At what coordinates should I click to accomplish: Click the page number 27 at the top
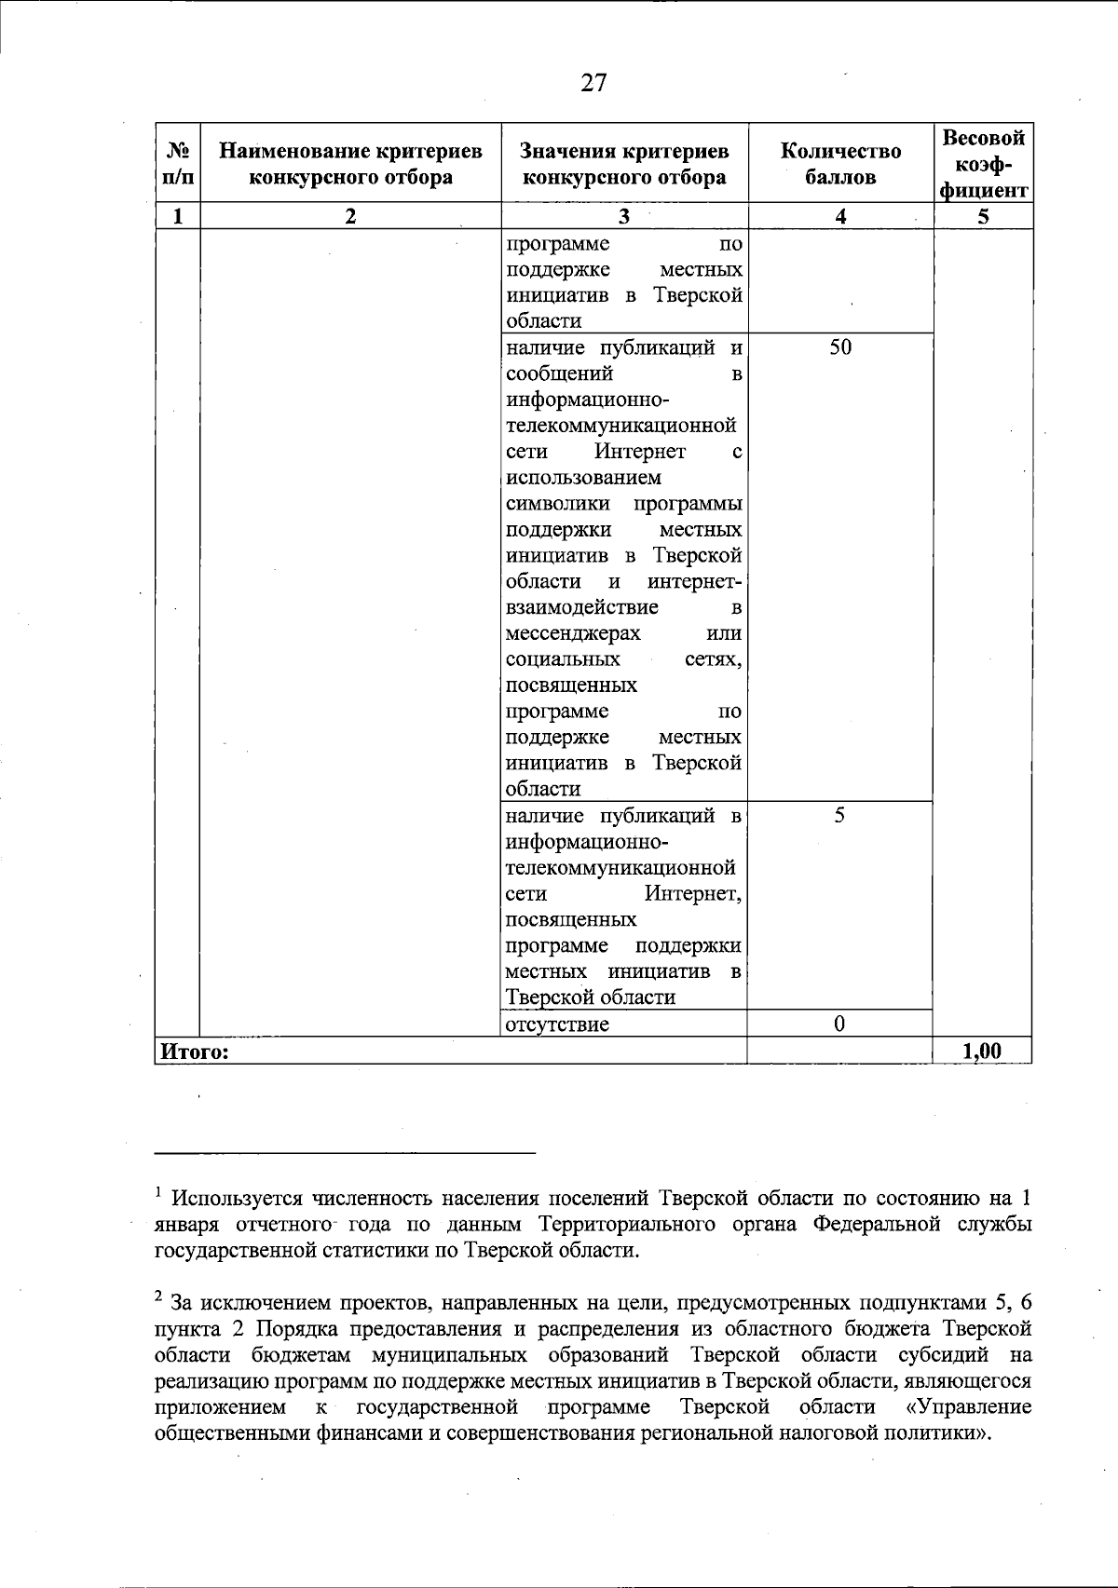(593, 84)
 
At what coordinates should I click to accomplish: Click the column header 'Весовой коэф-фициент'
(984, 164)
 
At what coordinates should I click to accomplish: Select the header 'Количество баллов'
(840, 164)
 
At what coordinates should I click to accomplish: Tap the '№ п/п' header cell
(177, 164)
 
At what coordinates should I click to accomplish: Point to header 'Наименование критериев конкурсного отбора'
(350, 164)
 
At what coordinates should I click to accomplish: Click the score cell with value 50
(840, 348)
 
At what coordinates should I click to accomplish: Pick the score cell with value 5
(839, 816)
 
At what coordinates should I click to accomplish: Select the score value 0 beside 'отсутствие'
(839, 1025)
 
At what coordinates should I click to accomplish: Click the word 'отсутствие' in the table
(557, 1025)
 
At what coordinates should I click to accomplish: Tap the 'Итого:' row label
(195, 1052)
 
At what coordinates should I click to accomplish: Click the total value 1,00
(982, 1052)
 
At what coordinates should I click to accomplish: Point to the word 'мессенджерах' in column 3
(573, 634)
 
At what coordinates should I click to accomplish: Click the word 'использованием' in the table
(583, 478)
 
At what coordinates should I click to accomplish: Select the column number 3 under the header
(624, 217)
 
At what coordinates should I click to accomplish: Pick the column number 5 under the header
(983, 217)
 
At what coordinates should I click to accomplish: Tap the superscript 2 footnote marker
(159, 1296)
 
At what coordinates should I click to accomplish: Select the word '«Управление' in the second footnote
(968, 1405)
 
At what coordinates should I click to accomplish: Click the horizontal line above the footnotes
(345, 1153)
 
